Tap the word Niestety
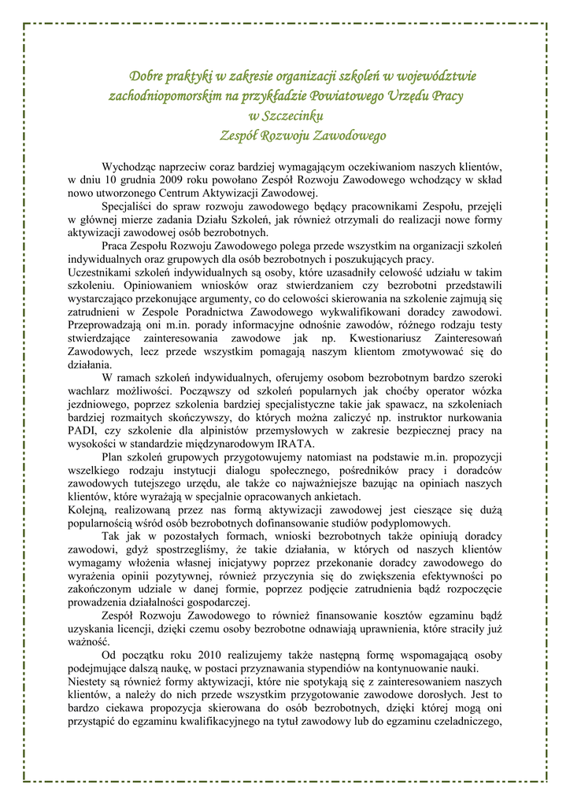point(87,681)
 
